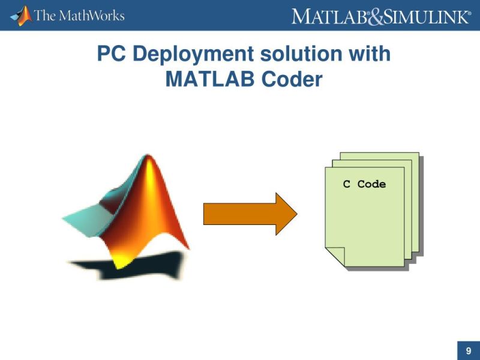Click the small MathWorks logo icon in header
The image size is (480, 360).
pyautogui.click(x=22, y=15)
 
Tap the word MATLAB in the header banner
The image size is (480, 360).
pyautogui.click(x=329, y=16)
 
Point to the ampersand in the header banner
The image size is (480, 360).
pyautogui.click(x=374, y=16)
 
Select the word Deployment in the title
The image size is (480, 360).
pyautogui.click(x=193, y=54)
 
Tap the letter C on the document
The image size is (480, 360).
pyautogui.click(x=346, y=184)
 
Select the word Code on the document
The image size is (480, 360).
pyautogui.click(x=371, y=184)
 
